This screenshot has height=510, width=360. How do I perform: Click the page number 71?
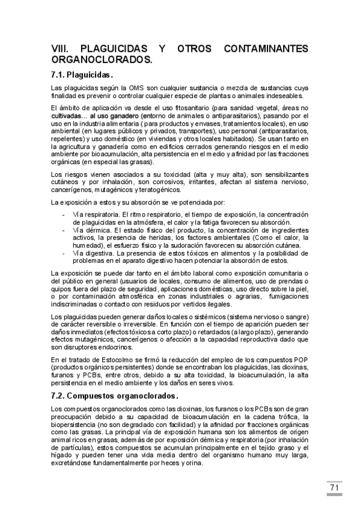[335, 488]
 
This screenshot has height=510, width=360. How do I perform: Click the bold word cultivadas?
[67, 114]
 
